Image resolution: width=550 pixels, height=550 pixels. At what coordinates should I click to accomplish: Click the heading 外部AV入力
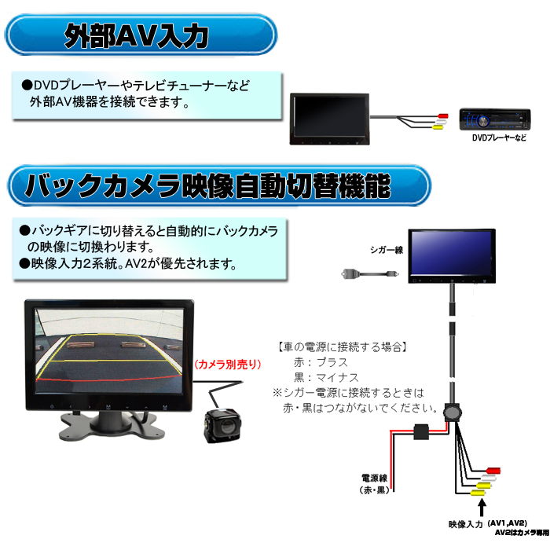click(137, 36)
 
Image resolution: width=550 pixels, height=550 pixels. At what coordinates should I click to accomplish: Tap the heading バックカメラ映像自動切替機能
click(207, 185)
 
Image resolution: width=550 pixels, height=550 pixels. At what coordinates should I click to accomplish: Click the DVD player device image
click(495, 119)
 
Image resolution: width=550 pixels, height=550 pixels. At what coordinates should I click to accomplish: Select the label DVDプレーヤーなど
click(499, 137)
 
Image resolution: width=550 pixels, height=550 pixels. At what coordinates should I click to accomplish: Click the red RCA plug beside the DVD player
click(443, 115)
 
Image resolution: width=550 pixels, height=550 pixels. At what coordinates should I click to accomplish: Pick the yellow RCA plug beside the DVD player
click(438, 127)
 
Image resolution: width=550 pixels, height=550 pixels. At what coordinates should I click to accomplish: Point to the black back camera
click(222, 425)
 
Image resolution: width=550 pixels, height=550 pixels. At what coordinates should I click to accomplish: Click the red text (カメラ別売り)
click(228, 365)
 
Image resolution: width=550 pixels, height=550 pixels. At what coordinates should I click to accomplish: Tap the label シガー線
click(387, 250)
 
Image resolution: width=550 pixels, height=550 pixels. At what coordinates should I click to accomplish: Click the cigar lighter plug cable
click(370, 273)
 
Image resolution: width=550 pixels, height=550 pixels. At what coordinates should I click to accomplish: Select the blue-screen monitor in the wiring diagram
click(452, 256)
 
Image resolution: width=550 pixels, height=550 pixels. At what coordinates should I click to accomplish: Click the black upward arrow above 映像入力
click(482, 508)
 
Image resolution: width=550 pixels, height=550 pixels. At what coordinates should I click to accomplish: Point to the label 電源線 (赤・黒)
click(375, 484)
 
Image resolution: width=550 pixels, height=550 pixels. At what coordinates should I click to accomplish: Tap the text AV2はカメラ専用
click(522, 533)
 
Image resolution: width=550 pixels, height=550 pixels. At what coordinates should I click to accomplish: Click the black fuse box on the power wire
click(421, 432)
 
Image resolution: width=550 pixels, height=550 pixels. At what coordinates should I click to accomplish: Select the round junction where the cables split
click(453, 412)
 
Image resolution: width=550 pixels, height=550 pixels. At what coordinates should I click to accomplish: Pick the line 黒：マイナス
click(326, 377)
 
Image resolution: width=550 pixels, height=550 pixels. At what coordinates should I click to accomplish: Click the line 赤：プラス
click(321, 362)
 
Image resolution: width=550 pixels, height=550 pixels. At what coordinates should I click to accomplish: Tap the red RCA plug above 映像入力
click(493, 471)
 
